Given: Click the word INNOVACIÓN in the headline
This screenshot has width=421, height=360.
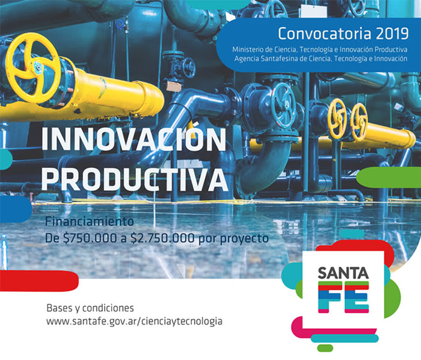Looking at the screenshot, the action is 134,138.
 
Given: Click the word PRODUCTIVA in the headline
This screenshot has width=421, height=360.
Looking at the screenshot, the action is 135,178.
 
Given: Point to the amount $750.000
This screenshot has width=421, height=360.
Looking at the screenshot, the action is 90,238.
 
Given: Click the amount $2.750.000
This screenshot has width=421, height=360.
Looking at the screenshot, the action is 162,238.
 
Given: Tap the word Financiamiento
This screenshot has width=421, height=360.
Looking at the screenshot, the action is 90,222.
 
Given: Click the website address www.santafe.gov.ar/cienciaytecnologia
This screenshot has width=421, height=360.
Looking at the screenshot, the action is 134,321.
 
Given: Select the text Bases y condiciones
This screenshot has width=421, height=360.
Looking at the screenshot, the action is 90,308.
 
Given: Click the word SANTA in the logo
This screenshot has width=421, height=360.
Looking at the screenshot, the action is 343,273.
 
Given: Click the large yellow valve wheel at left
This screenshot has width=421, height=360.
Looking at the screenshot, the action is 33,67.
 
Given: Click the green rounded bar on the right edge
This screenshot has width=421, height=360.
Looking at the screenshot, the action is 389,178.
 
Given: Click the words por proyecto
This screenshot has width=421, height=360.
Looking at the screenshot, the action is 233,239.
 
